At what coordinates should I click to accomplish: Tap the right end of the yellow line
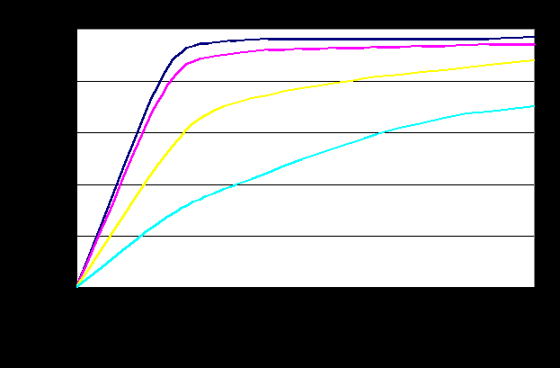point(534,60)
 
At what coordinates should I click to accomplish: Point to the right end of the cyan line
point(534,106)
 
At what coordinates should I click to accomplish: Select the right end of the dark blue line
point(534,38)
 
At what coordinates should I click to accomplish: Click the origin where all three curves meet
point(77,287)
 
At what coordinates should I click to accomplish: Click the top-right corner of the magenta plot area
point(534,29)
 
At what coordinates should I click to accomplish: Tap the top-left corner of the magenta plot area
point(77,29)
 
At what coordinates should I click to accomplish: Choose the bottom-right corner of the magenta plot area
point(534,287)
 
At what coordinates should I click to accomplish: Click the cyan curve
point(297,161)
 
